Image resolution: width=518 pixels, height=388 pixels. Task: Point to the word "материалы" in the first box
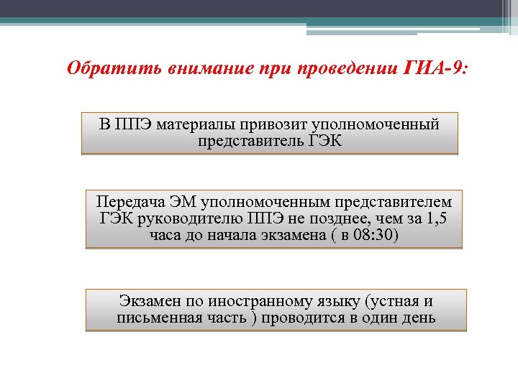click(x=196, y=125)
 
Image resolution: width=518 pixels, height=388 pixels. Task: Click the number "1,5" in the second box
click(x=435, y=219)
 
